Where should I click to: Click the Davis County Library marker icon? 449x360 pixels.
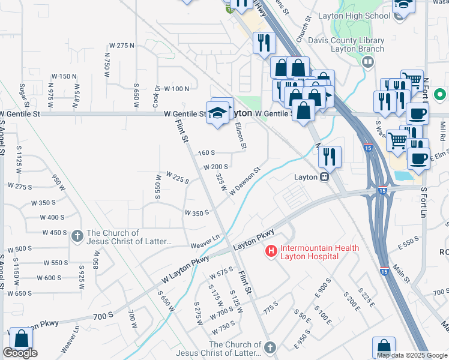click(367, 61)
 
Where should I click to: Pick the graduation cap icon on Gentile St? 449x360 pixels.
click(217, 112)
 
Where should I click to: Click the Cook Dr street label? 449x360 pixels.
click(156, 94)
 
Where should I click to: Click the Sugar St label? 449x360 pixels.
click(25, 94)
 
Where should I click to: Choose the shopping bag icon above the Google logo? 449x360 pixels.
click(21, 338)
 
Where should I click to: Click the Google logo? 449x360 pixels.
click(20, 353)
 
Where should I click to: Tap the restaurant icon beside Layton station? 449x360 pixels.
click(329, 157)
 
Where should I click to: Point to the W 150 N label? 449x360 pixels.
click(64, 76)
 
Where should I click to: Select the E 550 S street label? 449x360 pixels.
click(408, 241)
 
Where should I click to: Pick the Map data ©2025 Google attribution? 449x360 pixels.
click(412, 355)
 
